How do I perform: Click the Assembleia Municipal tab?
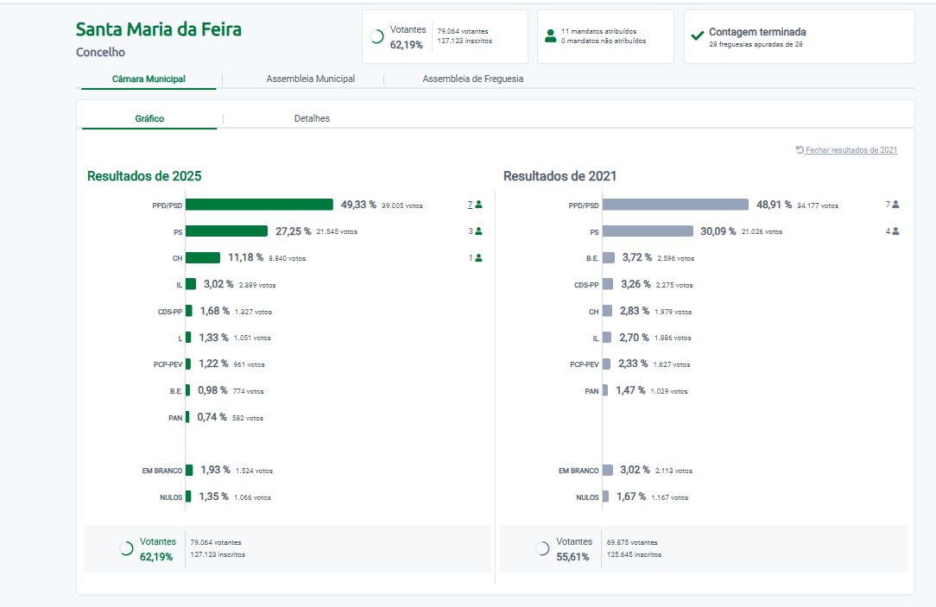pos(310,79)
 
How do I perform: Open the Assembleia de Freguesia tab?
pos(472,79)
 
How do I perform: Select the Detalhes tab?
pos(312,118)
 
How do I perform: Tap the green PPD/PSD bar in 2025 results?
pos(259,205)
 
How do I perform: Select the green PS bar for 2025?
pos(226,231)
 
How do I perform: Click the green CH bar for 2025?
pos(203,257)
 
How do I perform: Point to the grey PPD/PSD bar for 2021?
pos(675,205)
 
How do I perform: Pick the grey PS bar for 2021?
pos(648,231)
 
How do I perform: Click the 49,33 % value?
pos(358,205)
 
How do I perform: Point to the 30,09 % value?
pos(719,231)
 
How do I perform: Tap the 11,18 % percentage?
pos(245,257)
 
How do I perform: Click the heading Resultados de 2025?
pos(144,176)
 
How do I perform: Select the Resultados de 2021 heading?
pos(560,176)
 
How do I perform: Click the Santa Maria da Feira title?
pos(159,29)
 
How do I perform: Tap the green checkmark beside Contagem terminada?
pos(698,36)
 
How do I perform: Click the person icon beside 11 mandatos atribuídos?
pos(550,36)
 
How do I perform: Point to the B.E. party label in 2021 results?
pos(591,258)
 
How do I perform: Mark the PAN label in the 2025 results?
pos(175,418)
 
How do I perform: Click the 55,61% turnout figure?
pos(572,557)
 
